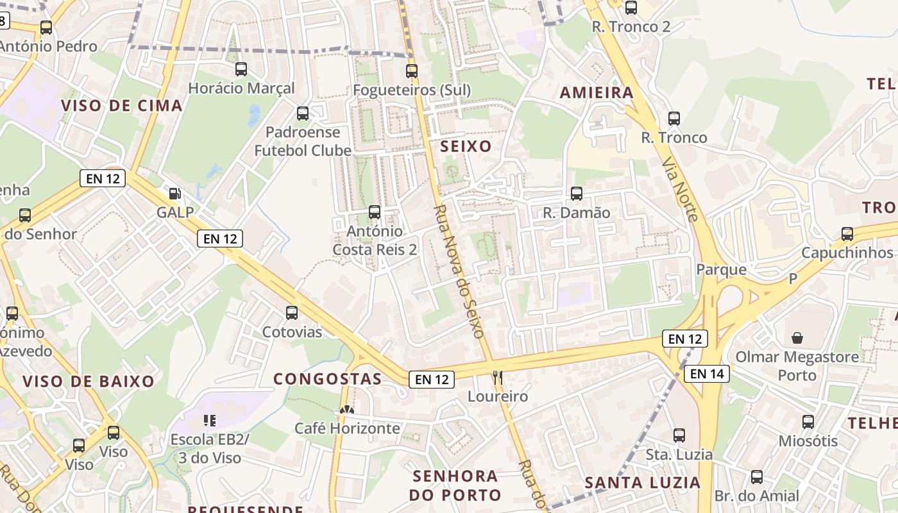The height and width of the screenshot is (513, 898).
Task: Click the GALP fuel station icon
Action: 174,193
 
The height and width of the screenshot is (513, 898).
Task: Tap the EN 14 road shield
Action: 706,373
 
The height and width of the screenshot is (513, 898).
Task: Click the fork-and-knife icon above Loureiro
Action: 497,376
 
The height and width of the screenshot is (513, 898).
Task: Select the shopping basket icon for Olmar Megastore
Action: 797,337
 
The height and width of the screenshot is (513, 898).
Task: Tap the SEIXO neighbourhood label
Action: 466,146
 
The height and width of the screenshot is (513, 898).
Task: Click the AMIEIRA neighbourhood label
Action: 597,92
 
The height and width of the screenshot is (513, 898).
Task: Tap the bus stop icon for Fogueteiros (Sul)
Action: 412,71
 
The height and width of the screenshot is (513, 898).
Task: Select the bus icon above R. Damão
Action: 577,193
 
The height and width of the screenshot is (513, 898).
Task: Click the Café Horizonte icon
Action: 347,410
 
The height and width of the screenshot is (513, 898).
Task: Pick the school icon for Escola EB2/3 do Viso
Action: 209,421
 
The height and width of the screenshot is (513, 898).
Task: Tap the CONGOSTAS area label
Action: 328,379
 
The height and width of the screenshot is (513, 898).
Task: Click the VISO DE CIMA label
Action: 122,106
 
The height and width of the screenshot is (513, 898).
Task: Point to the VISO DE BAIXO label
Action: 89,382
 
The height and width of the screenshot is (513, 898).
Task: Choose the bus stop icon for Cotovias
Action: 292,313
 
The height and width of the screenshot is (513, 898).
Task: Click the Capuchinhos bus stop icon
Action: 847,233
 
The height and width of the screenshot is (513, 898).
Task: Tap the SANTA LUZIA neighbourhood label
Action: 642,482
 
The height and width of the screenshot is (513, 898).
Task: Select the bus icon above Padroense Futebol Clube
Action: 303,114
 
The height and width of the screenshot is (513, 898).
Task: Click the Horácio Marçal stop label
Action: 241,88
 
